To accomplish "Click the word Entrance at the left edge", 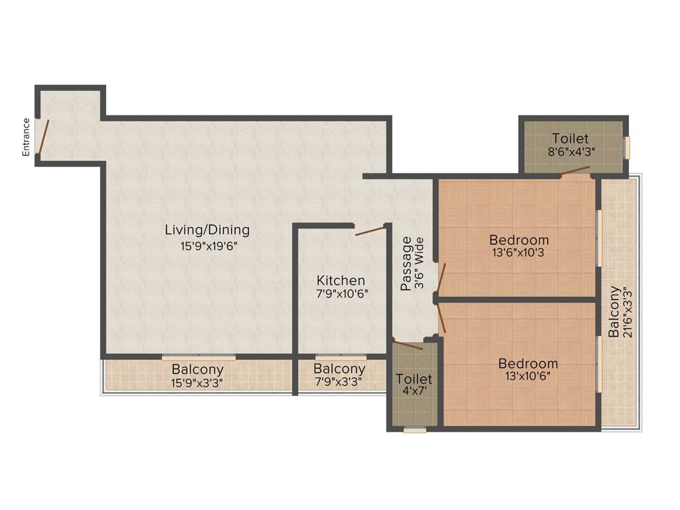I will point(26,137).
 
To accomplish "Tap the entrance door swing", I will point(42,137).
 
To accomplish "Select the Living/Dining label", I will point(207,230).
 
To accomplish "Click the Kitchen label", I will point(341,280).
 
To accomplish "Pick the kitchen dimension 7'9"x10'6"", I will point(342,293).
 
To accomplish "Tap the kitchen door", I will point(371,230).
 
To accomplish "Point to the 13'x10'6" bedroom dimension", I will point(528,376).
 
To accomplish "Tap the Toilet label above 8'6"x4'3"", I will point(570,139).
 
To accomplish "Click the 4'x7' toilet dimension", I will point(414,392).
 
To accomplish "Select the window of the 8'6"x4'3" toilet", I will point(627,147).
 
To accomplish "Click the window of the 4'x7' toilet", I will point(415,430).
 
